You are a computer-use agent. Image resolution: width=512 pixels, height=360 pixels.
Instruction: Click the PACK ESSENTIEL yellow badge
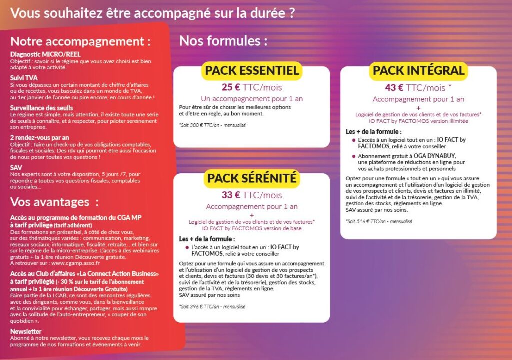[x=252, y=70]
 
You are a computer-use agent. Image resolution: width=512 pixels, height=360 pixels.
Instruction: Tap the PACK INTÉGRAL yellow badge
[x=419, y=70]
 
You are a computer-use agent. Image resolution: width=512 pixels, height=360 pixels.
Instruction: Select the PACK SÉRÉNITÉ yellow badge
[x=252, y=178]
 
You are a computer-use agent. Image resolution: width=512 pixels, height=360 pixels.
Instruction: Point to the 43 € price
[x=394, y=88]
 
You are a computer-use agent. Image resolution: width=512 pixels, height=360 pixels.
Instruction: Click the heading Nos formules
[x=223, y=40]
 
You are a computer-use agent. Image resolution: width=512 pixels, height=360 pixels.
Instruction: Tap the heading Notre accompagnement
[x=80, y=41]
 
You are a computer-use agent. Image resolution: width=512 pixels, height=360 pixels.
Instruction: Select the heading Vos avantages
[x=54, y=202]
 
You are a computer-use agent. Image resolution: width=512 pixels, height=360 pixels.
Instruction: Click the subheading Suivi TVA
[x=24, y=78]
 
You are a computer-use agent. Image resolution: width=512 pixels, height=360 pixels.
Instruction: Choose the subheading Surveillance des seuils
[x=42, y=108]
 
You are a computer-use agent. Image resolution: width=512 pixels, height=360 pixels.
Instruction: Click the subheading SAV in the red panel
[x=16, y=167]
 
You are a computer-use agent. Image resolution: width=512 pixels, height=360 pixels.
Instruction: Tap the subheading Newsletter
[x=26, y=331]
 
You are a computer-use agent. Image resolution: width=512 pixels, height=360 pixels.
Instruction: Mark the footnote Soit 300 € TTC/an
[x=212, y=126]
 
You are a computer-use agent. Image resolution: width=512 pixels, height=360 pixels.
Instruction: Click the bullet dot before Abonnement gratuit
[x=353, y=156]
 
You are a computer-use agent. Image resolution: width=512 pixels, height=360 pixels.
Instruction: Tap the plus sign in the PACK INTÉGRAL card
[x=418, y=107]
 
